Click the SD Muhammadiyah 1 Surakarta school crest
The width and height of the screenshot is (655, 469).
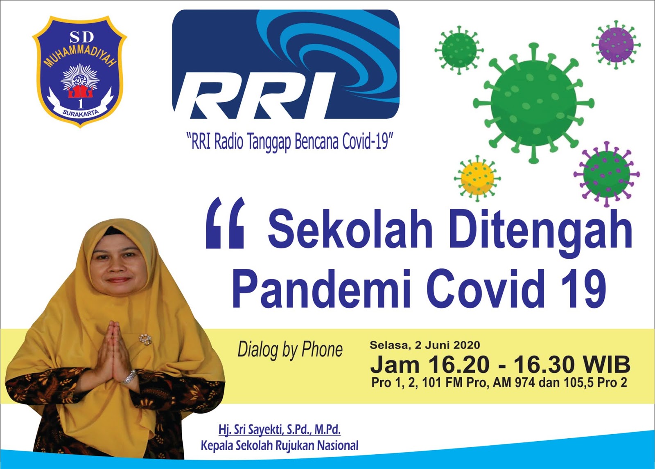coord(79,72)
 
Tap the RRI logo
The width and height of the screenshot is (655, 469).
coord(286,64)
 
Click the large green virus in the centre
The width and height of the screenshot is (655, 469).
coord(534,103)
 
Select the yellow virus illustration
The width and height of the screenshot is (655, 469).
coord(477,178)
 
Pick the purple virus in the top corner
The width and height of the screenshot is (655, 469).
coord(616,45)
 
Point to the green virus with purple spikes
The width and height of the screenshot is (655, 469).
coord(606,174)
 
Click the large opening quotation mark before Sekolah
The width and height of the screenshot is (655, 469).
coord(225,223)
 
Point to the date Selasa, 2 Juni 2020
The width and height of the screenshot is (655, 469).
coord(425,345)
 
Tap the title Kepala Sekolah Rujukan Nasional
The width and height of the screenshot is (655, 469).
coord(280,445)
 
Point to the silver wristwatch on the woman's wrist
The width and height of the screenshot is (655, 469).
coord(129,377)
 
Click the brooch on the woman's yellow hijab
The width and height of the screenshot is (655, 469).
coord(145,339)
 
